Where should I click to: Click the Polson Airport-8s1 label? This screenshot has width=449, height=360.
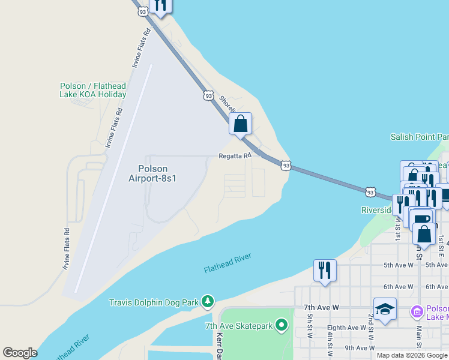[152, 173]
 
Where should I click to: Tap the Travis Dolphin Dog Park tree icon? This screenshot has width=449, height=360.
[208, 301]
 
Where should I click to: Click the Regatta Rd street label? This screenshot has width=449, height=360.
[234, 156]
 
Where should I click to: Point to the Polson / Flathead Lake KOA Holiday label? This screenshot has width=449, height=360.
[93, 90]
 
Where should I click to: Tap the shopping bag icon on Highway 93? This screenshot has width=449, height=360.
[240, 125]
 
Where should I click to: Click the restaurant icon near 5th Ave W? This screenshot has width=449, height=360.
[325, 270]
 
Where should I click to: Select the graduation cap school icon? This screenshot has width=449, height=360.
[385, 309]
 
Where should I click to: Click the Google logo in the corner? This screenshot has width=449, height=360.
[20, 353]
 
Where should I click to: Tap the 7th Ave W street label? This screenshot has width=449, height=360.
[321, 307]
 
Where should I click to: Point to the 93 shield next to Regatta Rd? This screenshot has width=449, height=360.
[286, 165]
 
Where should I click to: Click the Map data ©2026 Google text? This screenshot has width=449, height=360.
[412, 355]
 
